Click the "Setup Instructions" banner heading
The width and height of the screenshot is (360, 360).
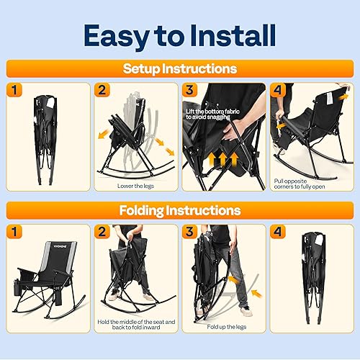coord(180,68)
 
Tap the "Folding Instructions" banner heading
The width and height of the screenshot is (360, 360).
coord(180,210)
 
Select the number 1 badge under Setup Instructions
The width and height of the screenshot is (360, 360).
coord(14,90)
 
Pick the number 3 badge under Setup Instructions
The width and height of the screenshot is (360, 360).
coord(189,90)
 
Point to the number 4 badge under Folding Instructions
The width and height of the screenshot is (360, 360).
coord(277,232)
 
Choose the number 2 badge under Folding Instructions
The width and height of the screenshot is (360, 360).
coord(102,232)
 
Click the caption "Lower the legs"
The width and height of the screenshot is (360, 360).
coord(135,186)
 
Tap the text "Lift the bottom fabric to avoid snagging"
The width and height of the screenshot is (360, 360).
coord(212,114)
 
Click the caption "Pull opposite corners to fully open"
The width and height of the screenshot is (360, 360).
coord(300,184)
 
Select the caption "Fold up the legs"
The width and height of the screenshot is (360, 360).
coord(227,327)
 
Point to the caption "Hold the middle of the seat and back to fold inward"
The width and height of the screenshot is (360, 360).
coord(136,325)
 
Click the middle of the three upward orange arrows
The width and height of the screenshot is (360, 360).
coord(222,159)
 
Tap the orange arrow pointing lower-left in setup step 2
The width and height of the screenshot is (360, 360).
coord(104,134)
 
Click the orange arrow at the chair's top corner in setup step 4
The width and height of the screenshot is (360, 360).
coord(344,96)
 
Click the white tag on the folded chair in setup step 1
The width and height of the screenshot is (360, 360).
coord(51,103)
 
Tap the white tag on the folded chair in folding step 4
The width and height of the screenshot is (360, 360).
coord(318,240)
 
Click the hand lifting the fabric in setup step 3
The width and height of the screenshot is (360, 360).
coord(229,131)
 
